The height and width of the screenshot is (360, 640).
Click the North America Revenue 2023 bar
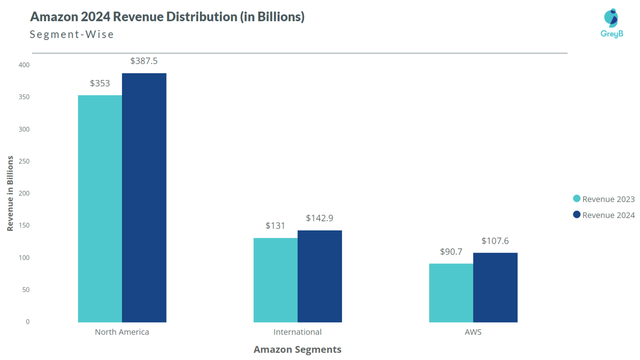tap(100, 208)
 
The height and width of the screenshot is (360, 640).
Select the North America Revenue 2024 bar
tap(144, 197)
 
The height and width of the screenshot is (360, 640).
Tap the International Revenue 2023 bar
tap(275, 280)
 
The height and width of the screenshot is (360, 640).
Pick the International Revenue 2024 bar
tap(320, 276)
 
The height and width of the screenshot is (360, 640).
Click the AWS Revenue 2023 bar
tap(451, 292)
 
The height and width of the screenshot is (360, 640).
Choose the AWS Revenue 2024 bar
tap(495, 287)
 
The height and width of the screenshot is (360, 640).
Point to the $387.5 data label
tap(144, 61)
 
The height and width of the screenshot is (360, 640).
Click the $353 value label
tap(100, 83)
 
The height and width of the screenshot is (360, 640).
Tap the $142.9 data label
tap(320, 218)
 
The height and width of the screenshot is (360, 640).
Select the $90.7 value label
tap(451, 252)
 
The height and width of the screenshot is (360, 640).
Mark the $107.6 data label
tap(495, 241)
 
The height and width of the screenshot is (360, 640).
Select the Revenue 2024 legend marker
tap(577, 215)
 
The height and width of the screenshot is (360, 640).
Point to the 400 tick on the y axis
tap(24, 65)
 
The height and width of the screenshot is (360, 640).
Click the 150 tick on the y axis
tap(24, 225)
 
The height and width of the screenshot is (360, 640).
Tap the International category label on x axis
tap(297, 332)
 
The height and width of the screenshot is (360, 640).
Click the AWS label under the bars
tap(473, 332)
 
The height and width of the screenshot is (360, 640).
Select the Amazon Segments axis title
tap(297, 350)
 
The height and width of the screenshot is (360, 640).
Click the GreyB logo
tap(612, 23)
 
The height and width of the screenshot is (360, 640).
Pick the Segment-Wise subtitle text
tap(72, 35)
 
